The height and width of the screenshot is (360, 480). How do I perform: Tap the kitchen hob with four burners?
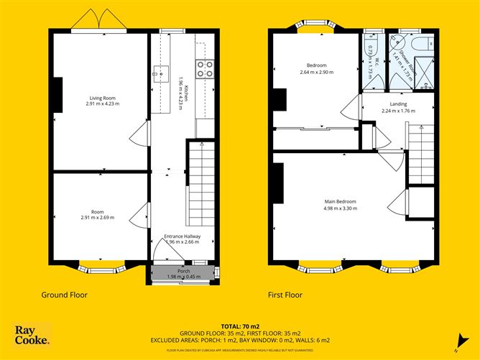point(204,68)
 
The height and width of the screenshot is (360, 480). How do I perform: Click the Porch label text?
point(183,271)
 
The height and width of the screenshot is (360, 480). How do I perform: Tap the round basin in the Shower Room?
point(394,42)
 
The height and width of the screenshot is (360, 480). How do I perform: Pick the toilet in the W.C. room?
point(371,42)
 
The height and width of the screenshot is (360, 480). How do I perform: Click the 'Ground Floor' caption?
point(65,295)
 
